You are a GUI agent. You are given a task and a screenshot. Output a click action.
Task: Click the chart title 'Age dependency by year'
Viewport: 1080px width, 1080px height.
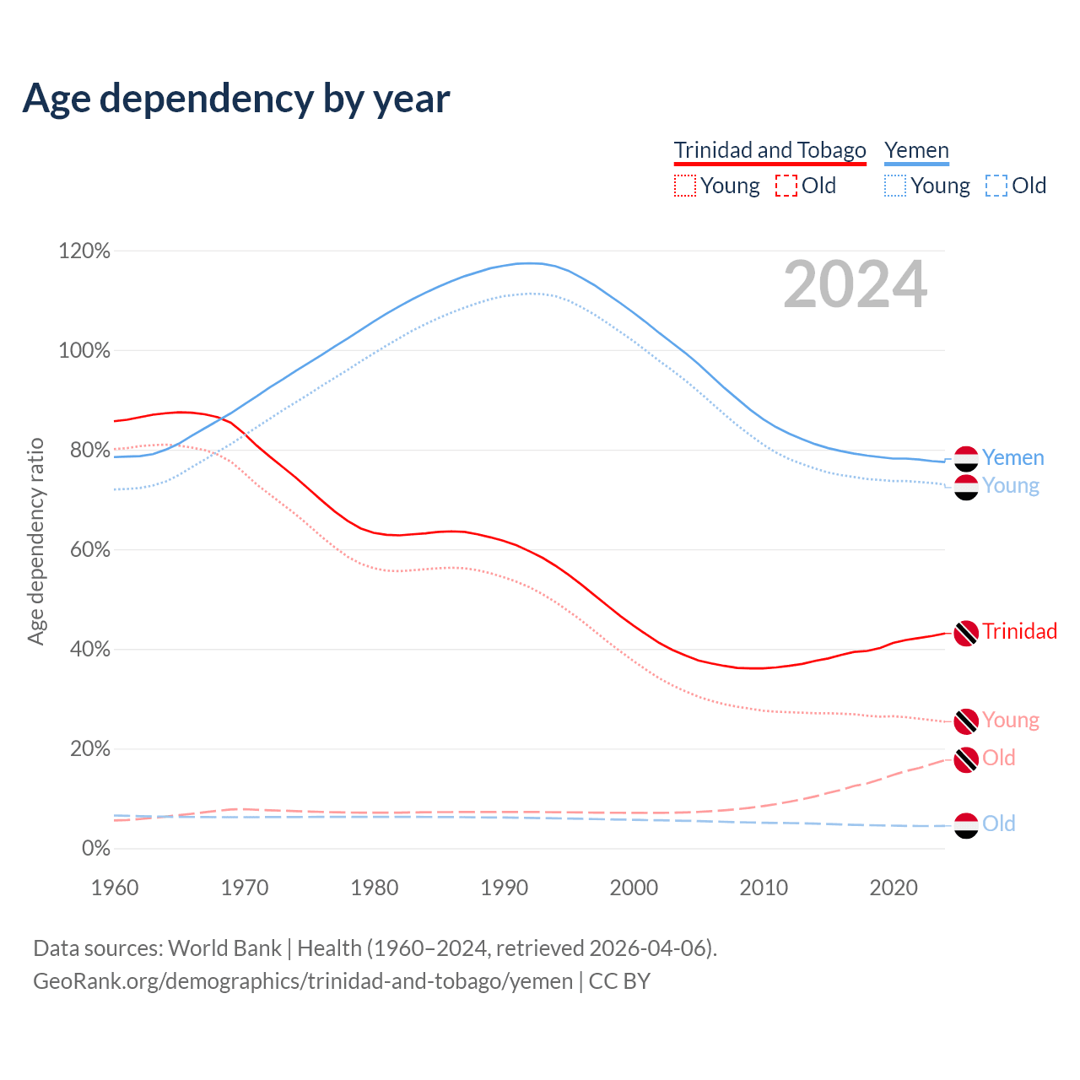point(236,99)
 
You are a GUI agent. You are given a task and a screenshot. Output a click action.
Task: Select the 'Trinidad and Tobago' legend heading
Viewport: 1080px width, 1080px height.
point(769,150)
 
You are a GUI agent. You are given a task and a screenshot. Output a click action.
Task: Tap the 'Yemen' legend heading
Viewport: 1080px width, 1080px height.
point(916,150)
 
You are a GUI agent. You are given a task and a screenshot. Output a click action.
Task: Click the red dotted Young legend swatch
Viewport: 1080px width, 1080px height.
point(685,186)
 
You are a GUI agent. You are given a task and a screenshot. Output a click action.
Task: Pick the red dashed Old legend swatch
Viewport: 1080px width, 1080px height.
point(786,186)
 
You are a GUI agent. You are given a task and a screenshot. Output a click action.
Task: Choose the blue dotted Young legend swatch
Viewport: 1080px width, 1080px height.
point(895,186)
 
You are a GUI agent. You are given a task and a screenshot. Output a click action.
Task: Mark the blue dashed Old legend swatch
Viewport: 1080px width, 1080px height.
point(996,186)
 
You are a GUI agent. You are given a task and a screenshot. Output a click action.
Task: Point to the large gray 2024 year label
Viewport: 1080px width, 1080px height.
point(855,284)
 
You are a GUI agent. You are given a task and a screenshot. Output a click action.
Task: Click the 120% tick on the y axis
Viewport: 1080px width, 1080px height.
point(84,251)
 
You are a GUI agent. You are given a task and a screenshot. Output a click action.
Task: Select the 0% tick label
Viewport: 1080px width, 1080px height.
point(95,848)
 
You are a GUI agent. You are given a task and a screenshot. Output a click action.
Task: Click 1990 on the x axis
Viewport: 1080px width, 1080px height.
point(505,888)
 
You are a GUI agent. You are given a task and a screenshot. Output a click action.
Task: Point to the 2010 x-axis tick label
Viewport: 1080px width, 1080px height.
point(764,888)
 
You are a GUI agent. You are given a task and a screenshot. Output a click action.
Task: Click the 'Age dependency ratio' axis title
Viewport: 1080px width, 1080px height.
point(35,541)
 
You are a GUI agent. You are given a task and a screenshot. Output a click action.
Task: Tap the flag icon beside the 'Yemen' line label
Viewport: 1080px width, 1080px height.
point(966,458)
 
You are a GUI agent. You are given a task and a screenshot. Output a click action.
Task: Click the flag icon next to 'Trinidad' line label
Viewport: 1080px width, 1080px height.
point(966,632)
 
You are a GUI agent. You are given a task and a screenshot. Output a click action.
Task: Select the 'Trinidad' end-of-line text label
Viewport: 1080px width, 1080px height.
point(1019,631)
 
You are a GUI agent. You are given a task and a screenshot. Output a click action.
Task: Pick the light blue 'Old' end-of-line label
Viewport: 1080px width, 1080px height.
point(999,823)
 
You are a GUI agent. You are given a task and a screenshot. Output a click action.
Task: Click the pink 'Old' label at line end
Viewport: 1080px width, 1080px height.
point(999,758)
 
